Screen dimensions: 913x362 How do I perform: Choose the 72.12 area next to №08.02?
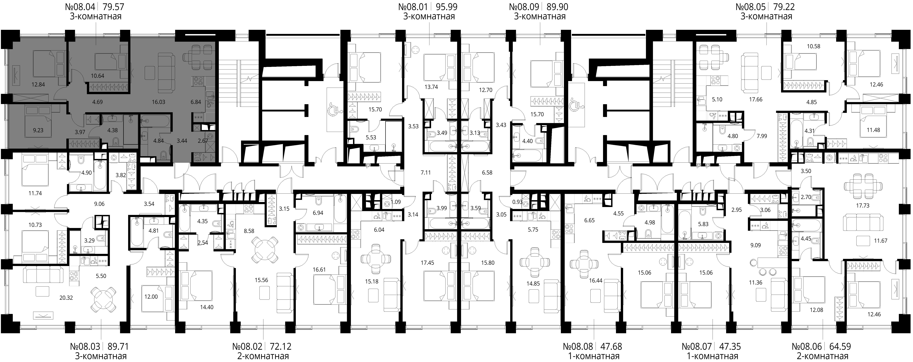click(x=281, y=346)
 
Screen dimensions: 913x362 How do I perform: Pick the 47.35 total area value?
click(x=729, y=346)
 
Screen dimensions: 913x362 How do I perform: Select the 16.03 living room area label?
click(x=158, y=102)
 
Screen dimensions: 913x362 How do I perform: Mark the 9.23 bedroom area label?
click(x=38, y=130)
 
